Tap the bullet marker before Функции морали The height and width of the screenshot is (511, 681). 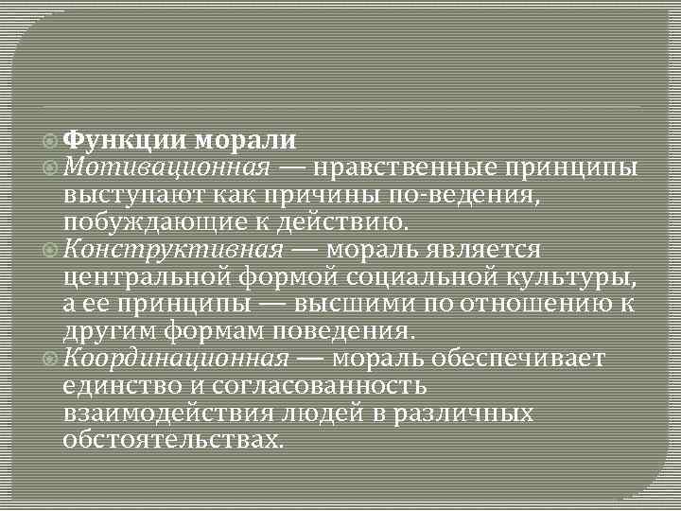(52, 140)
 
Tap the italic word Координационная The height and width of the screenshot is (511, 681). (177, 360)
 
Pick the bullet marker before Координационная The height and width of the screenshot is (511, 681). (52, 360)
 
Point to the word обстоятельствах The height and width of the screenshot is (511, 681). (172, 441)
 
